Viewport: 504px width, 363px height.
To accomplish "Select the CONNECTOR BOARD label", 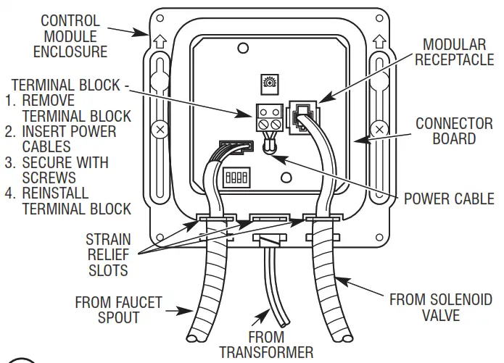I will pyautogui.click(x=454, y=130).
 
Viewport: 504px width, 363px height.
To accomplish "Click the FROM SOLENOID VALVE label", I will pyautogui.click(x=440, y=306).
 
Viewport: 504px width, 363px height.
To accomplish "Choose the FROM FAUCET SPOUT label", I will pyautogui.click(x=119, y=311).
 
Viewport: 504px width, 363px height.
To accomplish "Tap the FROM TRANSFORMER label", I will pyautogui.click(x=266, y=344).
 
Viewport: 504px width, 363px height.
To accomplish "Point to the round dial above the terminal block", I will pyautogui.click(x=268, y=83).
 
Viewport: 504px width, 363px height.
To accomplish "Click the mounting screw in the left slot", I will pyautogui.click(x=160, y=131).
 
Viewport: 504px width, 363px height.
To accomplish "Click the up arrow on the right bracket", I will pyautogui.click(x=376, y=42).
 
